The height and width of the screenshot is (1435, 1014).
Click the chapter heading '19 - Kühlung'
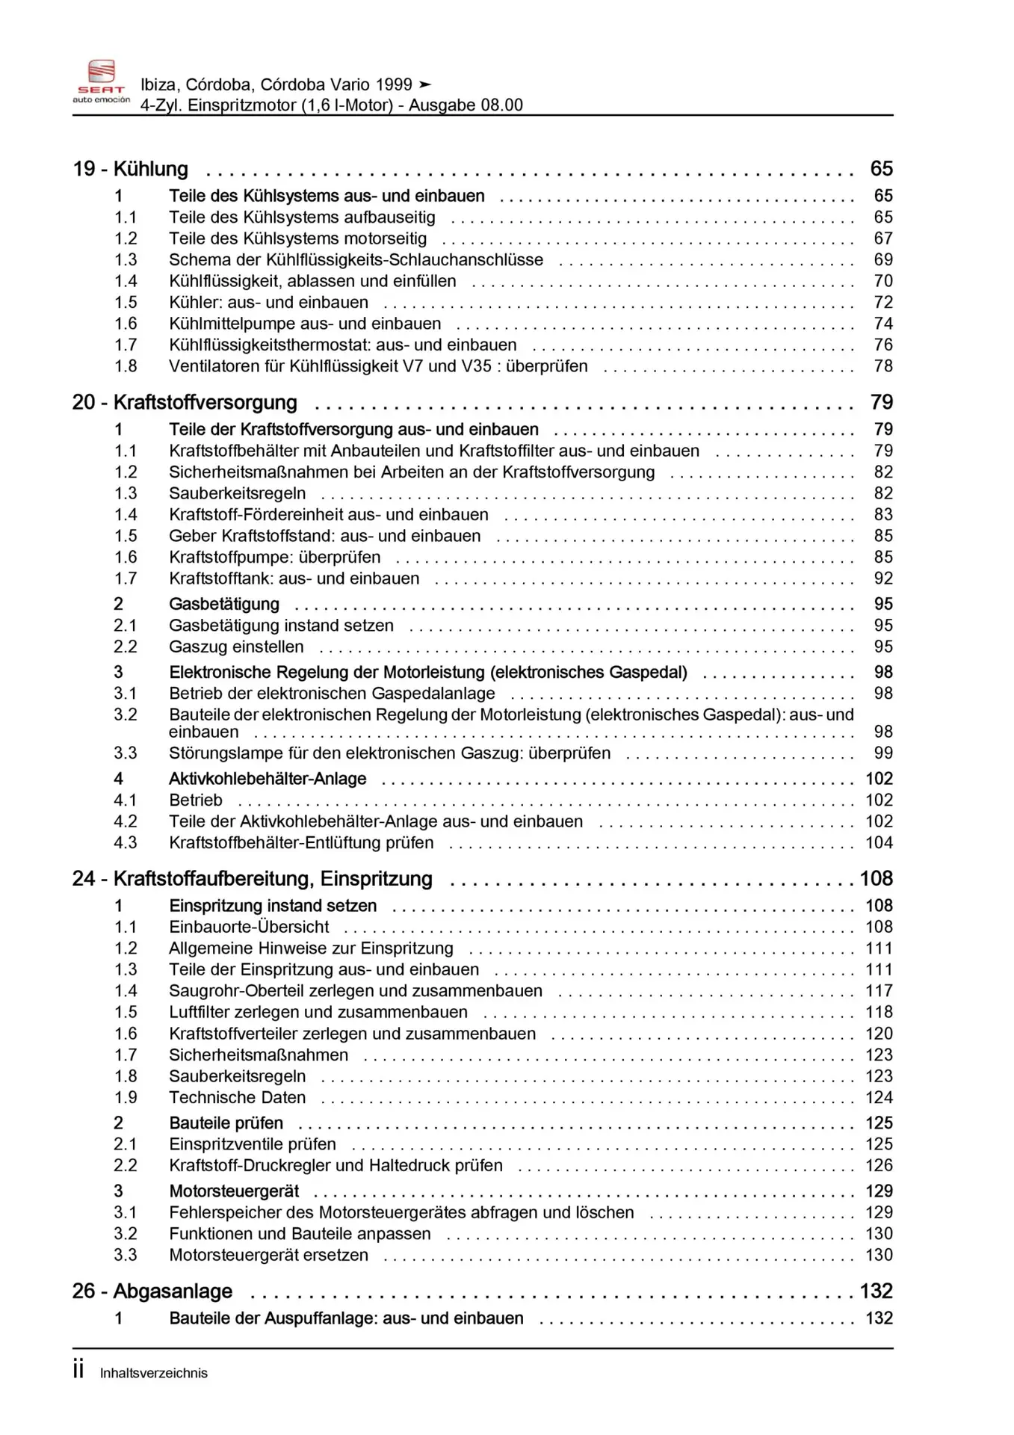pyautogui.click(x=130, y=169)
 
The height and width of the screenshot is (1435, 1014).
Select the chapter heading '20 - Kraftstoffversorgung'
pyautogui.click(x=185, y=403)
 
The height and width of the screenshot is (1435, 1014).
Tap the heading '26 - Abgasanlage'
pyautogui.click(x=152, y=1291)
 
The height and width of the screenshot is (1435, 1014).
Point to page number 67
pyautogui.click(x=882, y=238)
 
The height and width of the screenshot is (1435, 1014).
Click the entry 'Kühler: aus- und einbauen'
pyautogui.click(x=268, y=303)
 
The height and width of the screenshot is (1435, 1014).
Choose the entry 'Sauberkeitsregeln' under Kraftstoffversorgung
pyautogui.click(x=237, y=493)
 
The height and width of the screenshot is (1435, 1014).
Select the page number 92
pyautogui.click(x=882, y=578)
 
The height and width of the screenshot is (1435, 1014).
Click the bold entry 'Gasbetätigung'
pyautogui.click(x=223, y=604)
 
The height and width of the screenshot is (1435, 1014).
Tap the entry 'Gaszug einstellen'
pyautogui.click(x=236, y=646)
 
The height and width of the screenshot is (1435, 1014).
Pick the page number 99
pyautogui.click(x=882, y=753)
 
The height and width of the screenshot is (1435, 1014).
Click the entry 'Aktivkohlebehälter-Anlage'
pyautogui.click(x=268, y=779)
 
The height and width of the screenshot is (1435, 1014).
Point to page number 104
pyautogui.click(x=879, y=843)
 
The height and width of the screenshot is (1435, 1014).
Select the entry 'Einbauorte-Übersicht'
pyautogui.click(x=249, y=928)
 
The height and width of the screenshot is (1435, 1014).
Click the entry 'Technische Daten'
pyautogui.click(x=237, y=1098)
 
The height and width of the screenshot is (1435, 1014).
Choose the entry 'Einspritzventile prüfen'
pyautogui.click(x=252, y=1144)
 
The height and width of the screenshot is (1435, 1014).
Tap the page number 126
pyautogui.click(x=879, y=1166)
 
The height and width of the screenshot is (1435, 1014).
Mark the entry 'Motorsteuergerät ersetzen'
pyautogui.click(x=268, y=1256)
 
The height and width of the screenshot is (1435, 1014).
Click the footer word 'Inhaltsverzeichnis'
pyautogui.click(x=154, y=1374)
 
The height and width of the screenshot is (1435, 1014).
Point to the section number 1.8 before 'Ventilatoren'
pyautogui.click(x=126, y=366)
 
